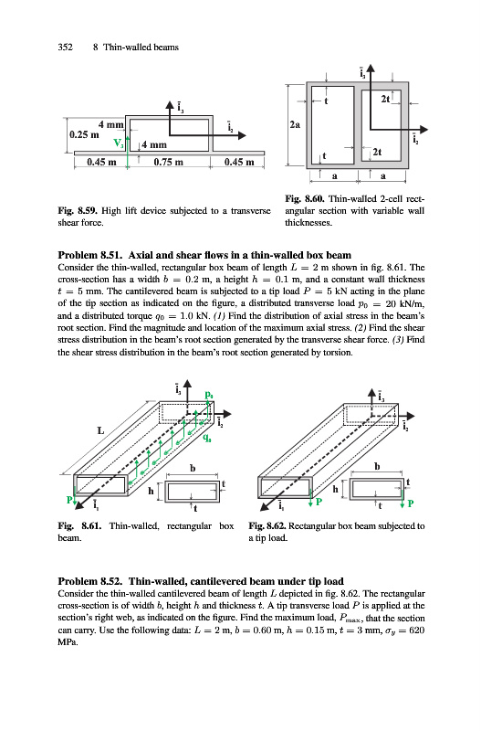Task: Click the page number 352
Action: pyautogui.click(x=65, y=48)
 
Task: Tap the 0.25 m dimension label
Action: pyautogui.click(x=84, y=134)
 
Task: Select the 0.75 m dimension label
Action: pyautogui.click(x=168, y=163)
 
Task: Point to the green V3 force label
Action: pyautogui.click(x=119, y=143)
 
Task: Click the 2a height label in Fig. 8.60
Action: pyautogui.click(x=295, y=124)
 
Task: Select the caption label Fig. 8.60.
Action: pyautogui.click(x=305, y=199)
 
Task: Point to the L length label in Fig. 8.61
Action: pyautogui.click(x=100, y=430)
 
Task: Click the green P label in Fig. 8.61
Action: pyautogui.click(x=69, y=500)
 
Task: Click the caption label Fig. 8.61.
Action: pyautogui.click(x=79, y=526)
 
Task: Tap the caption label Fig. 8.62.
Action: pyautogui.click(x=267, y=526)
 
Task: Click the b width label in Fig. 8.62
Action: pyautogui.click(x=377, y=466)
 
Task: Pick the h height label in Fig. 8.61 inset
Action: pyautogui.click(x=151, y=491)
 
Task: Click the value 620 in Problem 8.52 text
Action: pyautogui.click(x=417, y=630)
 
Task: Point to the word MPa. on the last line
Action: pyautogui.click(x=68, y=642)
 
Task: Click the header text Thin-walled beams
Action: pyautogui.click(x=141, y=48)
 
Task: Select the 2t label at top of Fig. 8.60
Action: pyautogui.click(x=386, y=99)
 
